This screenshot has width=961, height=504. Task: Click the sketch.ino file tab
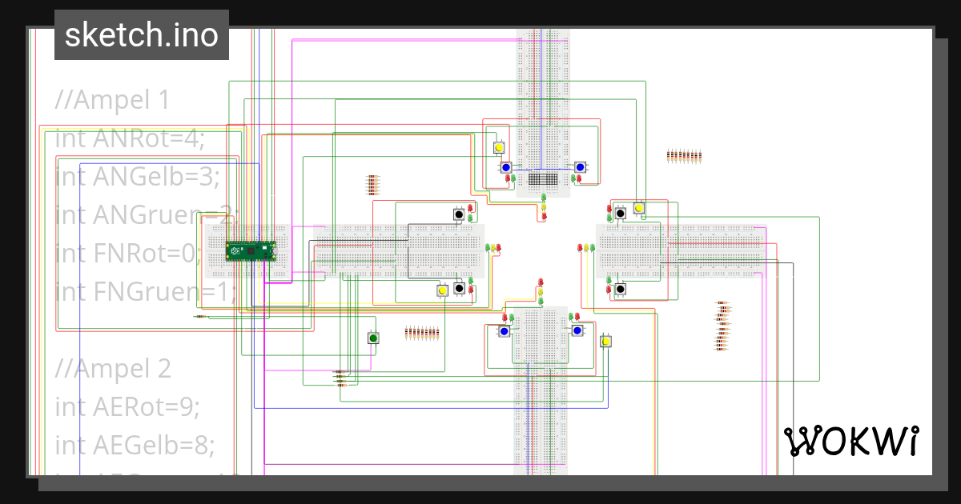tap(142, 35)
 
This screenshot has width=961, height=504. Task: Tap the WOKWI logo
tap(850, 441)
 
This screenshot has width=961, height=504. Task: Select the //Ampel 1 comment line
tap(112, 100)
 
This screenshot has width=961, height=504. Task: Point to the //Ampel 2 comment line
tap(113, 369)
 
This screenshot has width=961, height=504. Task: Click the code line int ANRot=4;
tap(130, 139)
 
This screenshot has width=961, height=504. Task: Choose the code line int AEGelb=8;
tap(135, 445)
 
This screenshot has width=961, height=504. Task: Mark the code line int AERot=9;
tap(127, 407)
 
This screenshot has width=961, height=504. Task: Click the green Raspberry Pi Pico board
tap(251, 251)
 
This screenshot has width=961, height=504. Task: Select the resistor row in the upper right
tap(684, 156)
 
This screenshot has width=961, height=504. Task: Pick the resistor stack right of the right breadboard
tap(722, 326)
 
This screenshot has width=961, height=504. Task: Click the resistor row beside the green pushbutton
tap(422, 333)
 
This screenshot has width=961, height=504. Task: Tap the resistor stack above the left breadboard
tap(372, 185)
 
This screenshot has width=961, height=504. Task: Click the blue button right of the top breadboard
tap(580, 167)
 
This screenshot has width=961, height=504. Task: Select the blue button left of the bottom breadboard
tap(505, 331)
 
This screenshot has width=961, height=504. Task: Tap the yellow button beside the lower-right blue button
tap(606, 342)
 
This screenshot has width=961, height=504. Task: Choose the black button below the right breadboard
tap(620, 289)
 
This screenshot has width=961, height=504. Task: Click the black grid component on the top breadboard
tap(544, 180)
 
